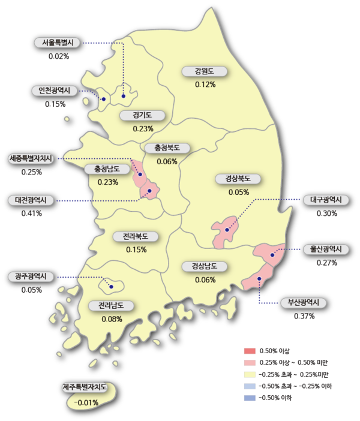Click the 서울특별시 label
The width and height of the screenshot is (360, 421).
pos(56,43)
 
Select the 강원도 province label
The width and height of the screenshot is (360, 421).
pos(205,71)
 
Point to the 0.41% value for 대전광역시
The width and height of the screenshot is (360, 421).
pos(32,213)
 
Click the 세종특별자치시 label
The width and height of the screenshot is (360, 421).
pos(32,159)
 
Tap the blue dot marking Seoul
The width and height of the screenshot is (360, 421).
pos(124,95)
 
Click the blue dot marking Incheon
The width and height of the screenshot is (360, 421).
pos(103,99)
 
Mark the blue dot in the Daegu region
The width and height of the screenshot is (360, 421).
pos(227,230)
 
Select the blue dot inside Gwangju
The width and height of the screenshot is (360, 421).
pos(111,287)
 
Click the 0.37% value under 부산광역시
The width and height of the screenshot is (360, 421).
pos(304,316)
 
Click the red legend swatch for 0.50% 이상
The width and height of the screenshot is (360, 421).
pos(250,350)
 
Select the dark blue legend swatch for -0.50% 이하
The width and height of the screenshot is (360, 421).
pos(250,398)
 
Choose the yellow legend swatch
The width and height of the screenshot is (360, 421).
pos(250,374)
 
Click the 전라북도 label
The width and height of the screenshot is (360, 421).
pos(136,236)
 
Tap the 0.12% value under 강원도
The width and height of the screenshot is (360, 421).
pos(205,85)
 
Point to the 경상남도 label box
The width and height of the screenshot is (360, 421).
pos(205,266)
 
